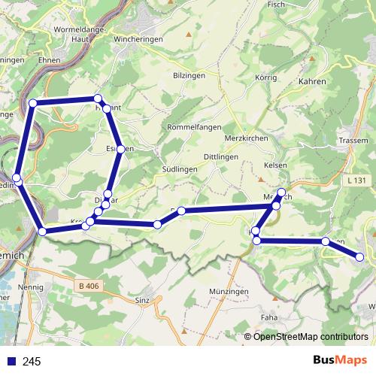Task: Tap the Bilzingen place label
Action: click(189, 76)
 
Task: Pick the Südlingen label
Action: click(180, 170)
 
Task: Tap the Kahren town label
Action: click(311, 80)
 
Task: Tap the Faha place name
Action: click(268, 317)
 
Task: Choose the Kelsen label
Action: click(277, 164)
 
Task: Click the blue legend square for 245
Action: click(11, 362)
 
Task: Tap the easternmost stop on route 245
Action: click(359, 257)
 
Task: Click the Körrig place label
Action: click(266, 77)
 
